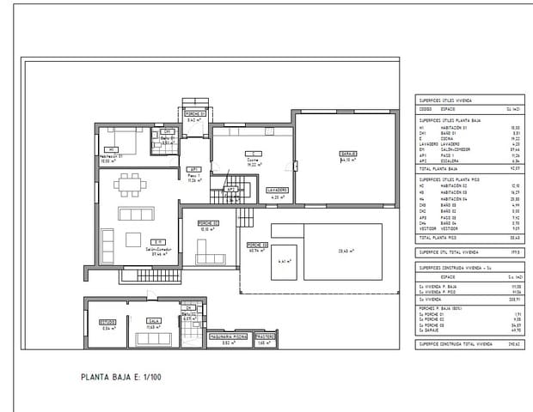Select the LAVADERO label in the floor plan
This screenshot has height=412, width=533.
[276, 190]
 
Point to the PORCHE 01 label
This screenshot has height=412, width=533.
[193, 114]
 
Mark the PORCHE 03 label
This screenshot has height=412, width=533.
[257, 245]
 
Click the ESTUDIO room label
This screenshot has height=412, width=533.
[107, 322]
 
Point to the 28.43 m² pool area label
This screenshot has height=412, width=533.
[346, 251]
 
